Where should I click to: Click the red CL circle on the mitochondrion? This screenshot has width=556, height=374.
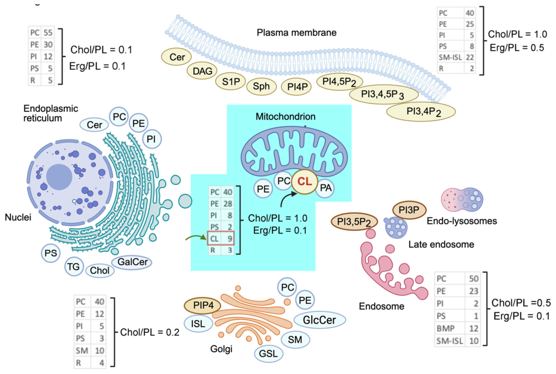pyautogui.click(x=304, y=182)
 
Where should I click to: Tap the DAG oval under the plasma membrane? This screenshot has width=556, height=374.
pyautogui.click(x=202, y=71)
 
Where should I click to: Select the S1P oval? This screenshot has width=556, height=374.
pyautogui.click(x=231, y=82)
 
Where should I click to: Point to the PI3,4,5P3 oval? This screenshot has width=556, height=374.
pyautogui.click(x=384, y=95)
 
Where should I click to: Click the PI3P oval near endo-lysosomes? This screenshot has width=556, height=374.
pyautogui.click(x=409, y=210)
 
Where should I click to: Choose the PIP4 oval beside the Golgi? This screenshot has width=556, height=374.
pyautogui.click(x=203, y=305)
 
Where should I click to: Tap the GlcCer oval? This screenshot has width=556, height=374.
pyautogui.click(x=320, y=320)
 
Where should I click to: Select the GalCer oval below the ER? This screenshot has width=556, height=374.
pyautogui.click(x=132, y=262)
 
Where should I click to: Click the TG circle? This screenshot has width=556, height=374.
pyautogui.click(x=74, y=267)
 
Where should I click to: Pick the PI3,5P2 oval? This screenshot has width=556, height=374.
pyautogui.click(x=354, y=222)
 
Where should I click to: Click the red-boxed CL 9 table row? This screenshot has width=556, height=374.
pyautogui.click(x=221, y=238)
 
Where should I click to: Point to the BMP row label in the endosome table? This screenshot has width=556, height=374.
pyautogui.click(x=445, y=328)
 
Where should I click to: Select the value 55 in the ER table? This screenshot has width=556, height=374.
pyautogui.click(x=48, y=33)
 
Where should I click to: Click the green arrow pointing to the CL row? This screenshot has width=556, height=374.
pyautogui.click(x=196, y=238)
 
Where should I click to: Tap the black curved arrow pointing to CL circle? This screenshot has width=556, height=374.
pyautogui.click(x=288, y=199)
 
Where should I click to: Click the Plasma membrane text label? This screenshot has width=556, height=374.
pyautogui.click(x=296, y=33)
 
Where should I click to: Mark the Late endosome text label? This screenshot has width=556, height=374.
pyautogui.click(x=442, y=245)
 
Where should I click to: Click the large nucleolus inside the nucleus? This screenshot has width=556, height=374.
pyautogui.click(x=59, y=177)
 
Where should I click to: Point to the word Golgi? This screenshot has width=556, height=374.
pyautogui.click(x=221, y=349)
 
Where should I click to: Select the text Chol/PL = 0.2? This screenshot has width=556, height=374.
pyautogui.click(x=150, y=332)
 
